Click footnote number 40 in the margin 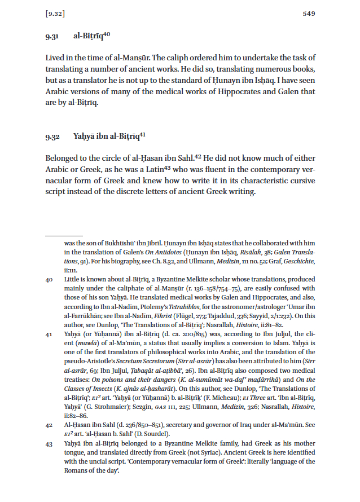point(49,279)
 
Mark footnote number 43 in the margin point(49,444)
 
